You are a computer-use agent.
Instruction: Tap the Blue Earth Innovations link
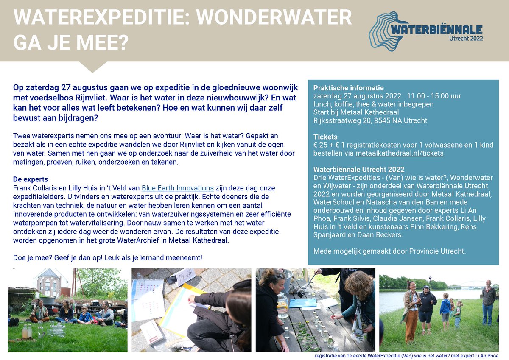pyautogui.click(x=177, y=188)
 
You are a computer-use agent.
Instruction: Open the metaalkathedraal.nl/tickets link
pyautogui.click(x=400, y=153)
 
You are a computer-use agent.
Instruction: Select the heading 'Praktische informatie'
pyautogui.click(x=342, y=88)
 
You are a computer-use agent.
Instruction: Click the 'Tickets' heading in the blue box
pyautogui.click(x=325, y=137)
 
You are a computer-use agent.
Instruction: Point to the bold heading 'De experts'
pyautogui.click(x=31, y=179)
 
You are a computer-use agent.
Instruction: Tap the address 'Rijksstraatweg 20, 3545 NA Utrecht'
pyautogui.click(x=370, y=120)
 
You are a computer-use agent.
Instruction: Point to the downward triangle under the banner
pyautogui.click(x=92, y=67)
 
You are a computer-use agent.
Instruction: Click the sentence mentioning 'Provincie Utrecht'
pyautogui.click(x=389, y=251)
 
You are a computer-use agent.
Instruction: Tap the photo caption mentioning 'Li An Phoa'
pyautogui.click(x=406, y=356)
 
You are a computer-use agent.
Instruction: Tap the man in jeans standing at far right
pyautogui.click(x=488, y=302)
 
